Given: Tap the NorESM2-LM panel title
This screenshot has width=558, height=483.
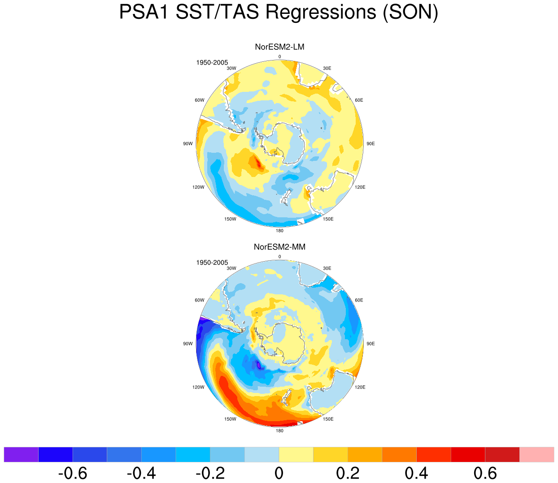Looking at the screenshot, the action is [x=279, y=47].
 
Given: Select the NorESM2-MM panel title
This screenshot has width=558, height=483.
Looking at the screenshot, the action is [x=279, y=247].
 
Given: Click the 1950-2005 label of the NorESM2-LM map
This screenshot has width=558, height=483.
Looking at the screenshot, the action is [x=212, y=63].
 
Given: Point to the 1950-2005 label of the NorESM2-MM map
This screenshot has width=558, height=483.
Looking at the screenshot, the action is [x=212, y=263].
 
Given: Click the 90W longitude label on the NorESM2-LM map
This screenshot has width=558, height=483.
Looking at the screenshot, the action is [x=188, y=144].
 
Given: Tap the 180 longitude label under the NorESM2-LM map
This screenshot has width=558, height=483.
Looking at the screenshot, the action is [x=279, y=231].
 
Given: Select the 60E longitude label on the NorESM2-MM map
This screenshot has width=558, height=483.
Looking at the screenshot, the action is [x=359, y=300].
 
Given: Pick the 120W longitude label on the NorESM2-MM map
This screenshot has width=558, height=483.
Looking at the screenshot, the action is [x=198, y=387].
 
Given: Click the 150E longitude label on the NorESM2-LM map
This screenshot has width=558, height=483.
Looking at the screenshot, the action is [x=328, y=219].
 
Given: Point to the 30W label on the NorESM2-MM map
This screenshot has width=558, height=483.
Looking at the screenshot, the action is [x=231, y=268].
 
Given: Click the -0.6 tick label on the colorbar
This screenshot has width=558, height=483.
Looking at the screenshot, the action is [x=73, y=473].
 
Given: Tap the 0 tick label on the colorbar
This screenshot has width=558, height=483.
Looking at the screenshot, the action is [x=279, y=473].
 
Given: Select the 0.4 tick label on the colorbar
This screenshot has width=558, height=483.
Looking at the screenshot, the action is [x=417, y=473].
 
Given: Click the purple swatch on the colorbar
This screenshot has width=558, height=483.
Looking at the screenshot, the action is [x=21, y=455].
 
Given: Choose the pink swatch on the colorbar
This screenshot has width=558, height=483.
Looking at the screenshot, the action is [x=536, y=455].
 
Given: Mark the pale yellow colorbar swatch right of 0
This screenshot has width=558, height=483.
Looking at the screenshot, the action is [x=296, y=455].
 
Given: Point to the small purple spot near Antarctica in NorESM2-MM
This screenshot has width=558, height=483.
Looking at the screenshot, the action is [x=258, y=366].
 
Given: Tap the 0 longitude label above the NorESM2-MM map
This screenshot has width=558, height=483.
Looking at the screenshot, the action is [x=279, y=256].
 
